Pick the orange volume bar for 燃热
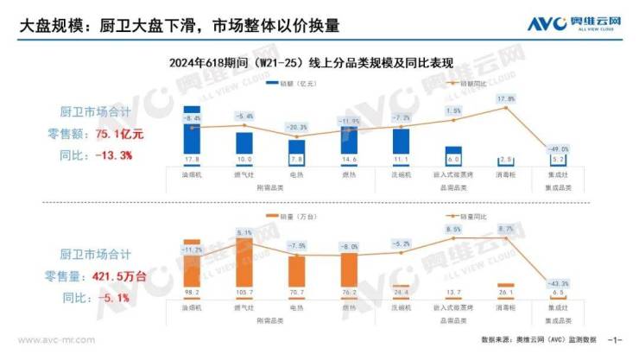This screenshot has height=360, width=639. pos(349,270)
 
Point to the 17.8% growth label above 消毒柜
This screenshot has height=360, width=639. pos(506,98)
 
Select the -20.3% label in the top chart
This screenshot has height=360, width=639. pos(296,127)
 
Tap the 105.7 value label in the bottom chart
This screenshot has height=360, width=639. pos(244,293)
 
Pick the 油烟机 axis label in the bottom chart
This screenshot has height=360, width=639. pos(192,306)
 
